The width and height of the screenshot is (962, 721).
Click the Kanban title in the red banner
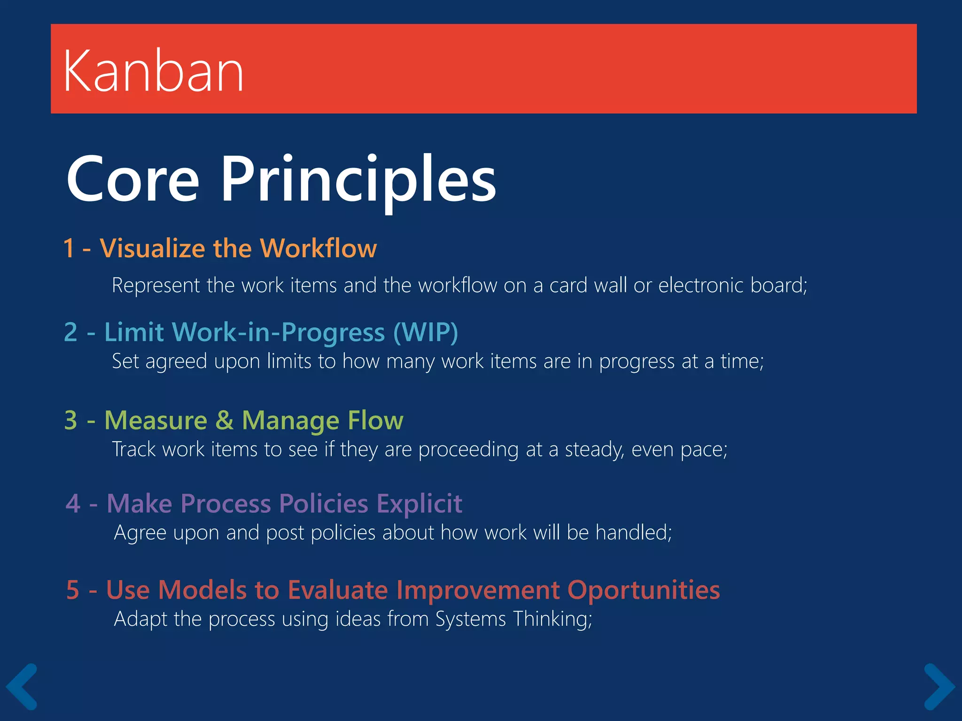153,71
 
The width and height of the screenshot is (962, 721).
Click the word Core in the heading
133,180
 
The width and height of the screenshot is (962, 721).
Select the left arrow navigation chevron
22,686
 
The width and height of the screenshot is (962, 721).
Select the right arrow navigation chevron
939,686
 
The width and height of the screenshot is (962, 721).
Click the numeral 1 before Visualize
69,248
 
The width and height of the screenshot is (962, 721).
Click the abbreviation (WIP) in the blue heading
426,332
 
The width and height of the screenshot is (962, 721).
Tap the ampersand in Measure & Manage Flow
225,420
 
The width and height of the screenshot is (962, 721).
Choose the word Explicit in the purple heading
419,503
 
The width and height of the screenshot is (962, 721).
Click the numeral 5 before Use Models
73,590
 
